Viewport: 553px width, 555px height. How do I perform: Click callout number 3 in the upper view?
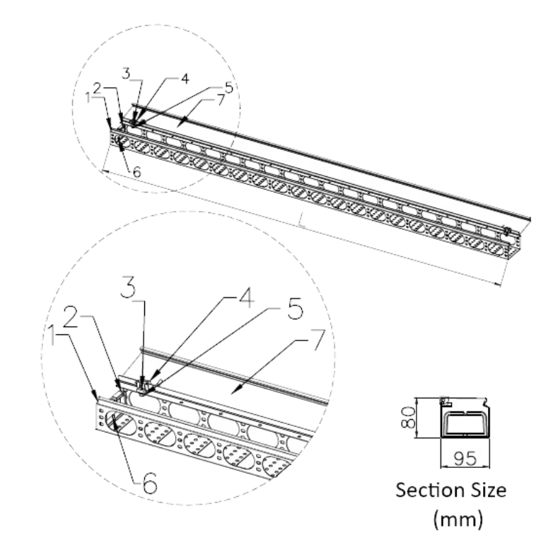click(x=126, y=72)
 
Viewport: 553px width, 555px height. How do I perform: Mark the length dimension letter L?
click(x=301, y=225)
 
